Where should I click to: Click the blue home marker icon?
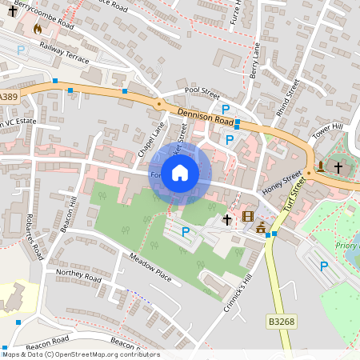[180, 173]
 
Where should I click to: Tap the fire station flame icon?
[37, 29]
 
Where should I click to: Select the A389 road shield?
[8, 97]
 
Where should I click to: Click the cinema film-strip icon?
[248, 216]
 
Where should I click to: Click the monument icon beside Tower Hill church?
[321, 167]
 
